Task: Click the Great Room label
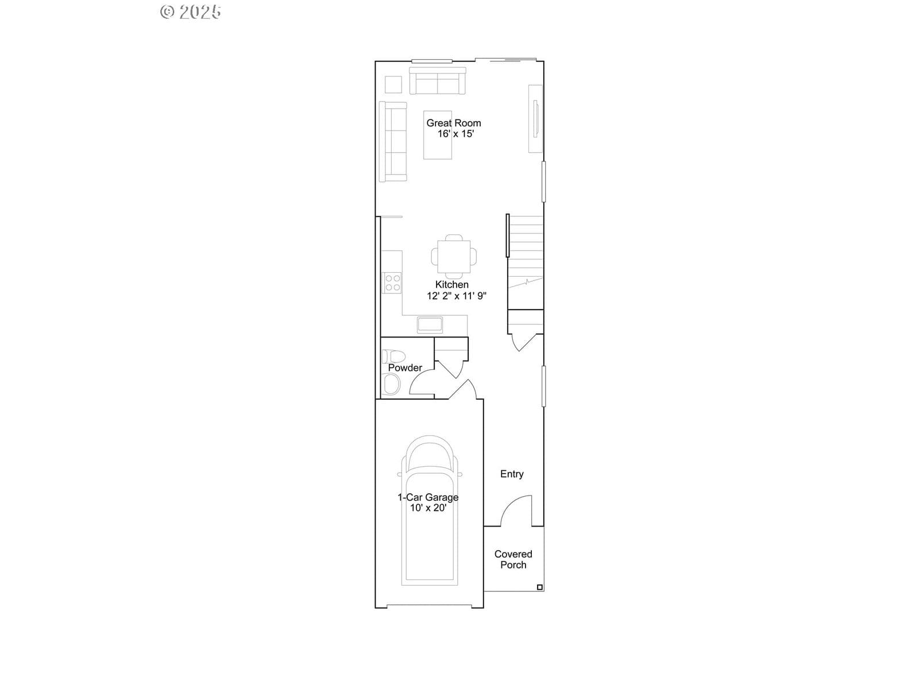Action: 453,123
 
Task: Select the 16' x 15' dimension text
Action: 455,134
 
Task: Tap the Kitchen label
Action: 452,284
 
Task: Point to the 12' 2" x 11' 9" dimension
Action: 457,296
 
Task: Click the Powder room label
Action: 405,367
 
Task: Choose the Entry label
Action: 512,474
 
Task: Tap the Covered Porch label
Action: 513,559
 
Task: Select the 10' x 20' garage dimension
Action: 428,508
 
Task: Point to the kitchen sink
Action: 430,324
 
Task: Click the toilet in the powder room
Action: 393,357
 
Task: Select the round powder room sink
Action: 392,384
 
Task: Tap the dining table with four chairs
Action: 454,257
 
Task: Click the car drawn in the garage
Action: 430,510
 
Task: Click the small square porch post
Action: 540,587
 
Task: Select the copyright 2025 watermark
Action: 191,12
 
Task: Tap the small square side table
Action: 393,84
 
